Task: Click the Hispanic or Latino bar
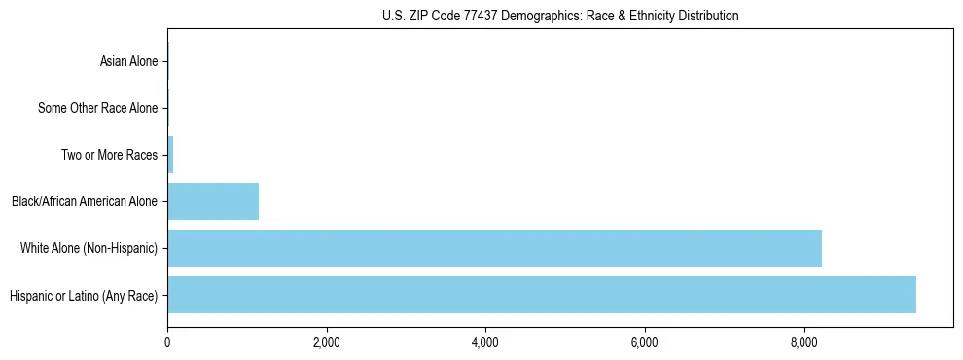[x=542, y=295]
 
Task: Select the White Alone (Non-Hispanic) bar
[x=494, y=248]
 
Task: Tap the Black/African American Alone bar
[x=213, y=201]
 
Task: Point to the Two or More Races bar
[x=170, y=155]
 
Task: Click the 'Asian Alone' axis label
[x=128, y=62]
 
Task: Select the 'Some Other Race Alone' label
[x=97, y=109]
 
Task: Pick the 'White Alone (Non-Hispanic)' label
[x=89, y=248]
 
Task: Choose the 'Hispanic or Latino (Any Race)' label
[x=83, y=295]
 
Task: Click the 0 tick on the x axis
[x=167, y=342]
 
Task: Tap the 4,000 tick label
[x=485, y=342]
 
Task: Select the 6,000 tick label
[x=645, y=342]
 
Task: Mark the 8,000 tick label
[x=804, y=342]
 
